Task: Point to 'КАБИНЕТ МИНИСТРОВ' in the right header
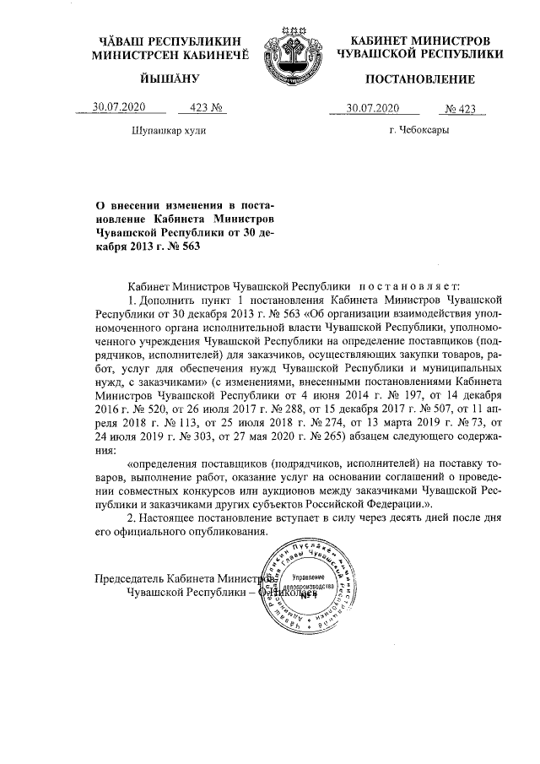(x=419, y=41)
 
